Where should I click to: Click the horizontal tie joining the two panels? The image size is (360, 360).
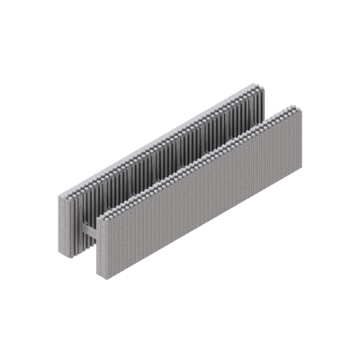(86, 225)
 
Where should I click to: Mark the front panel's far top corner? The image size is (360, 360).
(302, 107)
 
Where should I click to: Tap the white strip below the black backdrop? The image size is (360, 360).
(180, 320)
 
